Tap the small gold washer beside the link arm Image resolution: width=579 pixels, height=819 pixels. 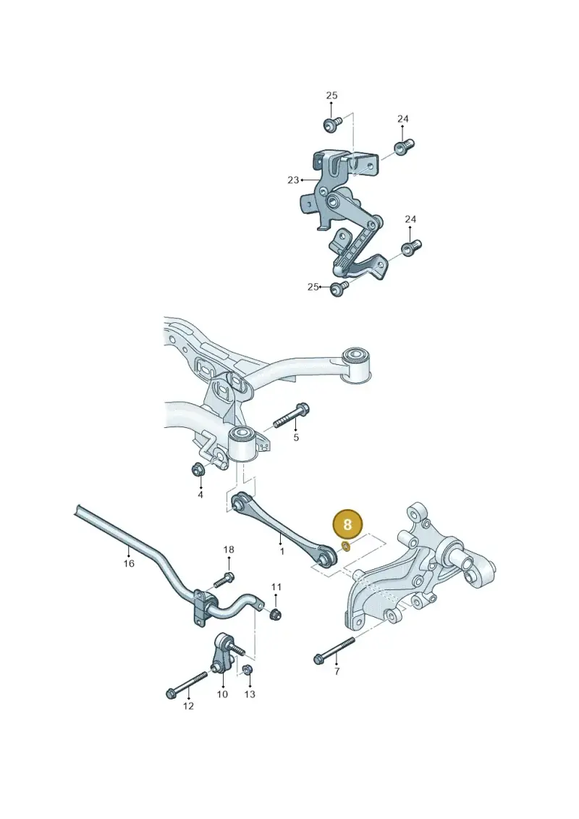point(346,547)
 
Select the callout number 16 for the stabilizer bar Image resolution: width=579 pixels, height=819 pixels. point(129,563)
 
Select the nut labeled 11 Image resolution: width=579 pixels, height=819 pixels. point(276,614)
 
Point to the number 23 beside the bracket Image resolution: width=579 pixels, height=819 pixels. point(293,180)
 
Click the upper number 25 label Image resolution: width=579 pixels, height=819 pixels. point(332,96)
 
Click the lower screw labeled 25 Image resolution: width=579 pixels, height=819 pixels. point(340,287)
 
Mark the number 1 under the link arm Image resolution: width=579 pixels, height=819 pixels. point(282,551)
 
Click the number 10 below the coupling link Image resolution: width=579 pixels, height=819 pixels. point(222,694)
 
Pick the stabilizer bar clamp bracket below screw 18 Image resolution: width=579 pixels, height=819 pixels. point(202,607)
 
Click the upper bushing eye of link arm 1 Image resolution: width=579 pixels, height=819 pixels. point(239,503)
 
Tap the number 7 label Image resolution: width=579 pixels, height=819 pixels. point(337,672)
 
